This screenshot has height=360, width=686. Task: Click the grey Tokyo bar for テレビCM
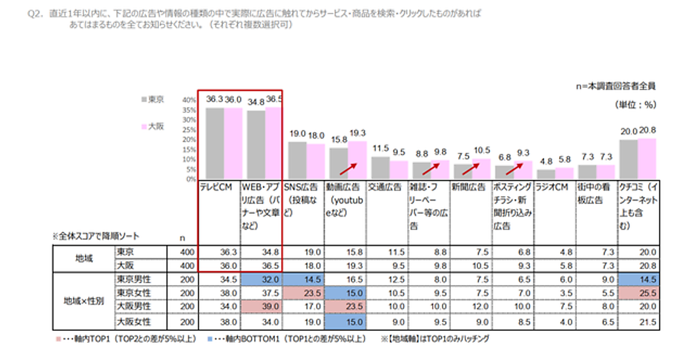tap(215, 143)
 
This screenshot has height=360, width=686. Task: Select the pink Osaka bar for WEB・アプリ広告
tap(274, 143)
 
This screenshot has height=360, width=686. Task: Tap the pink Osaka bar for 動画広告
tap(356, 161)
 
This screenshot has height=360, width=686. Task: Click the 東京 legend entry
tap(152, 99)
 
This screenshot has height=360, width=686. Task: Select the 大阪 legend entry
tap(152, 126)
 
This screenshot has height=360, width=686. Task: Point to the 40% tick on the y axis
tap(189, 100)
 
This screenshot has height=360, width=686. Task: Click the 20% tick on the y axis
tap(189, 140)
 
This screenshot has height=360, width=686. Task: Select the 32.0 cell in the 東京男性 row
tap(262, 279)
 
